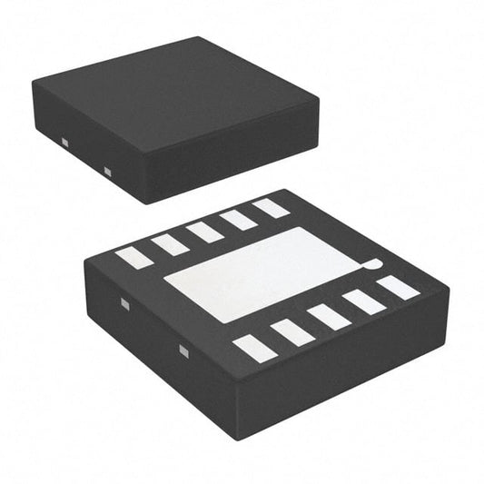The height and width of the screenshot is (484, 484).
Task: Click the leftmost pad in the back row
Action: coord(133,257)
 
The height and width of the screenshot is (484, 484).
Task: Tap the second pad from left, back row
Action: coord(170,243)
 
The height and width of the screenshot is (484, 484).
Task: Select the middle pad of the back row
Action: coord(205,232)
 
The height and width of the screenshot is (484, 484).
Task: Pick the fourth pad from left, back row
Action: coord(239,219)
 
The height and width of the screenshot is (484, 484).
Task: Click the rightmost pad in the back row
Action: coord(271,208)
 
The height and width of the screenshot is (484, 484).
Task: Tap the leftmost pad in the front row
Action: coord(255,349)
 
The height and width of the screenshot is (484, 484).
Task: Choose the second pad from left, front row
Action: coord(292,332)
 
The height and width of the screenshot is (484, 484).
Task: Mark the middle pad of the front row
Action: coord(329,317)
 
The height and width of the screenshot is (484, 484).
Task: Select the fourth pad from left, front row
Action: coord(363,301)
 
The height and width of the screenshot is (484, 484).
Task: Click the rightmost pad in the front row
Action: coord(398,287)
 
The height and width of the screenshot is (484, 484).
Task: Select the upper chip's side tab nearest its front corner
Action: coord(106,171)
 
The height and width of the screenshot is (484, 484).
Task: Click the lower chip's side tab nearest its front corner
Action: coord(181,350)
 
